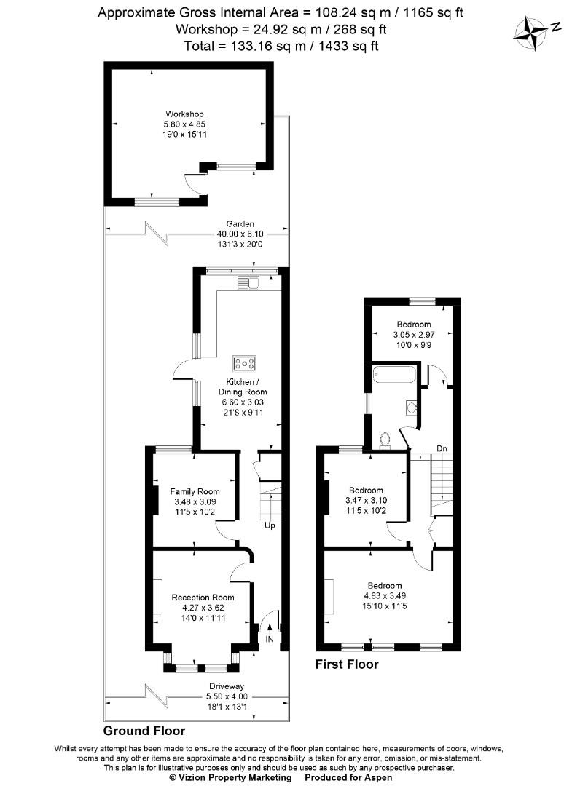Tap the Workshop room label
[184, 114]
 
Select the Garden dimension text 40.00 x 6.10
[240, 234]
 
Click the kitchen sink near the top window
[252, 282]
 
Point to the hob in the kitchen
[243, 362]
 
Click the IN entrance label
[269, 639]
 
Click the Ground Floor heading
[144, 730]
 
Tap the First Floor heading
[347, 664]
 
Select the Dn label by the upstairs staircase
[442, 448]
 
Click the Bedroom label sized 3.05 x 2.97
[413, 325]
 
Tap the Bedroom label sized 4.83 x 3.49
[384, 586]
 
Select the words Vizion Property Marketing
[231, 777]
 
